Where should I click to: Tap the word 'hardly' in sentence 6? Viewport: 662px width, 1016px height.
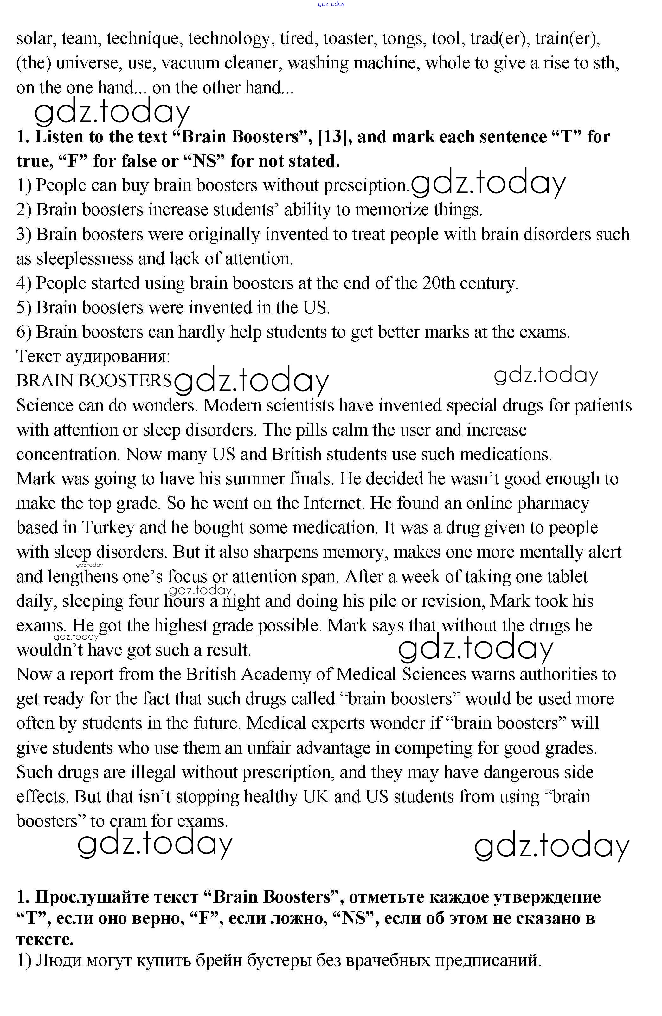tap(201, 333)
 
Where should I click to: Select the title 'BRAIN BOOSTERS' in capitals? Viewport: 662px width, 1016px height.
tap(94, 381)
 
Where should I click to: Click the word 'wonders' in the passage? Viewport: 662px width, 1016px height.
tap(165, 405)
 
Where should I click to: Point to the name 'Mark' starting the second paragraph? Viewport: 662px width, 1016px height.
tap(36, 479)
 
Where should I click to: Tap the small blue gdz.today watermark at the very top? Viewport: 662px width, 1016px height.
tap(331, 4)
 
